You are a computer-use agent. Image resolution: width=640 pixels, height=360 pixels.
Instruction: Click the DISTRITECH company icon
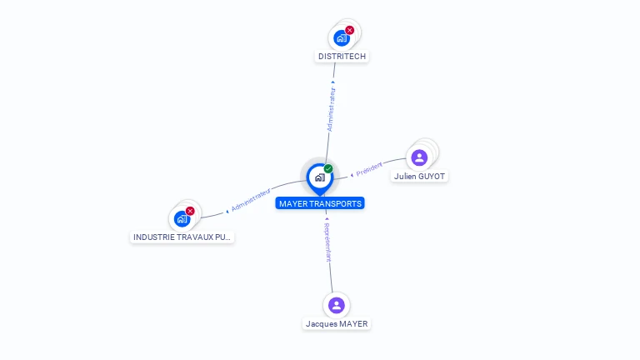[341, 37]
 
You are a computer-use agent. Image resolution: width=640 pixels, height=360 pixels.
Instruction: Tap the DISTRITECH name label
[342, 57]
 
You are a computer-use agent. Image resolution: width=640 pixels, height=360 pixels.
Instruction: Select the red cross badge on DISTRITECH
[349, 30]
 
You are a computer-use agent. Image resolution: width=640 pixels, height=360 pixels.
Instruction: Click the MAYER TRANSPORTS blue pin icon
[319, 177]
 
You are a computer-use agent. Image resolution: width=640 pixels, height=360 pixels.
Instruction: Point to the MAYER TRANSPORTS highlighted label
[321, 203]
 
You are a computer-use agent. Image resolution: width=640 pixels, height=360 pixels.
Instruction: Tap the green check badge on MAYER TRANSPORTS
[328, 168]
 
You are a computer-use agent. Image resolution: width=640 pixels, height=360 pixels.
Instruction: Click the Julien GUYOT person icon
[419, 157]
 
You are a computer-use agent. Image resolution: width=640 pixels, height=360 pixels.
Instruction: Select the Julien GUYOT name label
[420, 177]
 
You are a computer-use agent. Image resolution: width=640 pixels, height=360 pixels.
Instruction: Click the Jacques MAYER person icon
[336, 305]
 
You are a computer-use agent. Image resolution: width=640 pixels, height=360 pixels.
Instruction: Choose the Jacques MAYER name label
[337, 324]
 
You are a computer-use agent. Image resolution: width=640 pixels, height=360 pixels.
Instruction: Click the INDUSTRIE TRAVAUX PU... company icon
[182, 219]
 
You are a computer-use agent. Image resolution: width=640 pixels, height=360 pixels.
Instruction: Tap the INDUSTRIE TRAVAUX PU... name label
[182, 237]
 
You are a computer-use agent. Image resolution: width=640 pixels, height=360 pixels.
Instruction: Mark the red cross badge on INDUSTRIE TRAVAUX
[190, 212]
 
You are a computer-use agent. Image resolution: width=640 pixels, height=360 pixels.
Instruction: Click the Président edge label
[369, 170]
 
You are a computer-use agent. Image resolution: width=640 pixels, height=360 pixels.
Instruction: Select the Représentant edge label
[328, 242]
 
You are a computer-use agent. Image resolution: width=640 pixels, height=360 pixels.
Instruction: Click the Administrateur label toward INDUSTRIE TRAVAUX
[251, 199]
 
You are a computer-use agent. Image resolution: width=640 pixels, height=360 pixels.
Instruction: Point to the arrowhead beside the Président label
[352, 175]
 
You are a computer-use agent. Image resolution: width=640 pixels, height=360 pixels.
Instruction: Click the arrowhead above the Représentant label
[326, 218]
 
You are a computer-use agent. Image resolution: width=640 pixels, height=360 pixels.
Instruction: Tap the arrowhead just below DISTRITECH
[333, 82]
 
